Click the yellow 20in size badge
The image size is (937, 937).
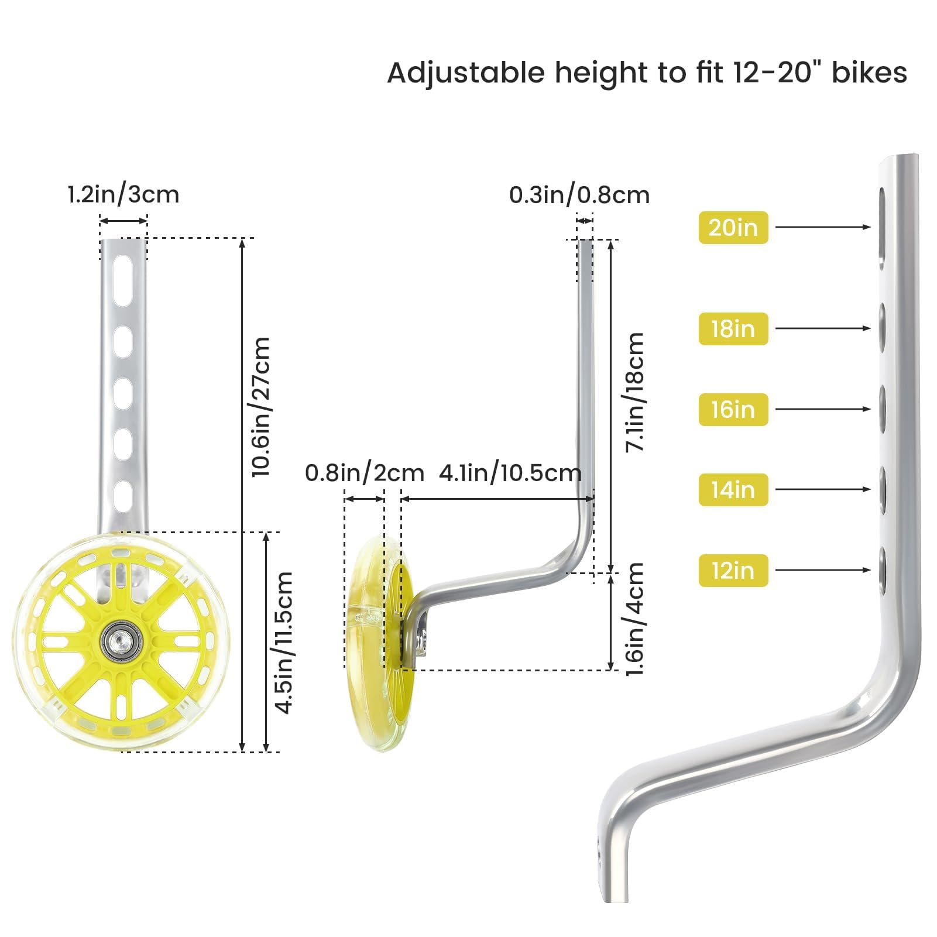[733, 227]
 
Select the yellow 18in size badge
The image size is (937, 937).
[733, 328]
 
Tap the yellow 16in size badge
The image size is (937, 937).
[733, 409]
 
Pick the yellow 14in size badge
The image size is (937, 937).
[733, 489]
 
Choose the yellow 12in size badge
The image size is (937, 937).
[733, 570]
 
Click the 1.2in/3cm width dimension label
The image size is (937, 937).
[123, 194]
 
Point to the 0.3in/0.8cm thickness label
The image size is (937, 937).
[579, 195]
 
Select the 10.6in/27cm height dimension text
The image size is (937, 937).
[261, 407]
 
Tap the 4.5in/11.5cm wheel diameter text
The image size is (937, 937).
[284, 642]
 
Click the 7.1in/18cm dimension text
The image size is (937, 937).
[635, 392]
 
